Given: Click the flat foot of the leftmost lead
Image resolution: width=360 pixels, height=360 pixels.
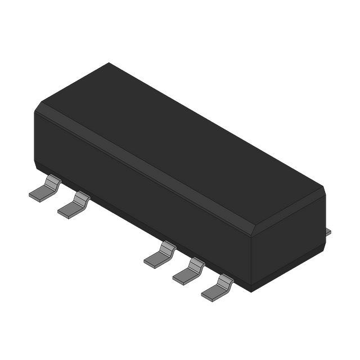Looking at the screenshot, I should [x=40, y=193].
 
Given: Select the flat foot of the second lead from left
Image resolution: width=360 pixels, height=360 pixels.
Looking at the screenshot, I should [x=69, y=209].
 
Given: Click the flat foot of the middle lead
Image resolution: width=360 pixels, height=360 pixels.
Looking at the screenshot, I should [x=155, y=259].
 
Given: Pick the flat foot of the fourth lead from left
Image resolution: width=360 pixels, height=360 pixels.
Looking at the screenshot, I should [x=183, y=275].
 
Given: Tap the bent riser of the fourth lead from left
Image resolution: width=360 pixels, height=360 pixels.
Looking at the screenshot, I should [x=196, y=264].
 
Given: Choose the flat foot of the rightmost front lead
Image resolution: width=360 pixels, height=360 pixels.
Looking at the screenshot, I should [x=212, y=291].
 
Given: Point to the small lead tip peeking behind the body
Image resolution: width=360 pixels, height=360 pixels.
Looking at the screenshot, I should [x=328, y=232].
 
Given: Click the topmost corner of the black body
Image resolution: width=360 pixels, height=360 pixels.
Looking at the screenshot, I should [x=109, y=63].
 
